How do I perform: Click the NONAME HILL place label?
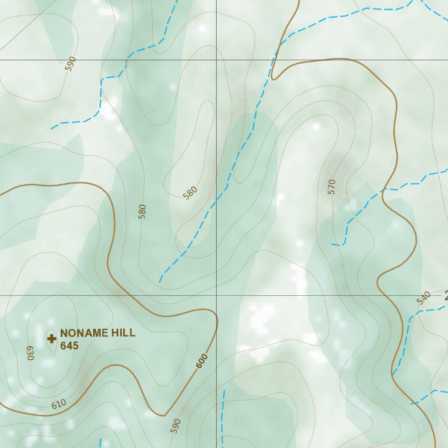tap(98, 333)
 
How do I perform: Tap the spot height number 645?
tap(70, 346)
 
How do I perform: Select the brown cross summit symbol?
tap(52, 339)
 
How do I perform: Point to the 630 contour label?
tap(30, 353)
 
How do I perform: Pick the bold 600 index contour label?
tap(202, 361)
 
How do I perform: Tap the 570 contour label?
tap(331, 186)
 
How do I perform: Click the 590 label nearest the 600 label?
tap(176, 426)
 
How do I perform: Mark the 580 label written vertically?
tap(142, 211)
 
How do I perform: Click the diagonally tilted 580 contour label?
tap(190, 192)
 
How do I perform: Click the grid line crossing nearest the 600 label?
tap(216, 295)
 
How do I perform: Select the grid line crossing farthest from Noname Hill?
tap(216, 60)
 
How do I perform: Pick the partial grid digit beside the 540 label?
tap(446, 297)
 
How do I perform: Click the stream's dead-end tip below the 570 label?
tap(332, 244)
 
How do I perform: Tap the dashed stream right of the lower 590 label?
tap(223, 416)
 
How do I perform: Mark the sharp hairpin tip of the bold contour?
tap(274, 79)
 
